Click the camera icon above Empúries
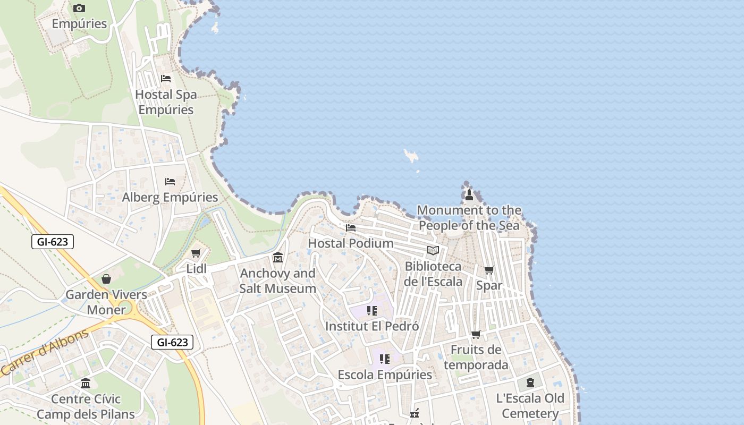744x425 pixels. tap(79, 8)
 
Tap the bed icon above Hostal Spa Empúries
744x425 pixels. tap(166, 79)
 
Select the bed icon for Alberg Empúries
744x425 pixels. tap(170, 182)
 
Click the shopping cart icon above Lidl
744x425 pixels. tap(196, 253)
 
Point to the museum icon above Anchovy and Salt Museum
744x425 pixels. tap(278, 258)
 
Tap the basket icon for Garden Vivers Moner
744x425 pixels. tap(106, 279)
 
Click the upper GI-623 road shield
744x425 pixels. tap(53, 242)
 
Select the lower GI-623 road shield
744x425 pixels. tap(172, 342)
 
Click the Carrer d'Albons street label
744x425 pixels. tap(45, 353)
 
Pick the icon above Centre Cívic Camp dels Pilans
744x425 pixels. tap(86, 383)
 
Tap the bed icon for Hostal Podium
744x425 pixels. tap(351, 228)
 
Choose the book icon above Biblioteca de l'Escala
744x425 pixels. tap(433, 250)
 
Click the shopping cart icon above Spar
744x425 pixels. tap(489, 270)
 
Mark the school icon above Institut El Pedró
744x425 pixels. tap(371, 310)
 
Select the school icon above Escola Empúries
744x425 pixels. tap(385, 359)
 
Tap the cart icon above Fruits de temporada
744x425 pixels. tap(476, 335)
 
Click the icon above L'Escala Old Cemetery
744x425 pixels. tap(530, 382)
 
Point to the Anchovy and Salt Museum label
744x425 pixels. tap(278, 281)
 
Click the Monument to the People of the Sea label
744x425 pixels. tap(469, 218)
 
